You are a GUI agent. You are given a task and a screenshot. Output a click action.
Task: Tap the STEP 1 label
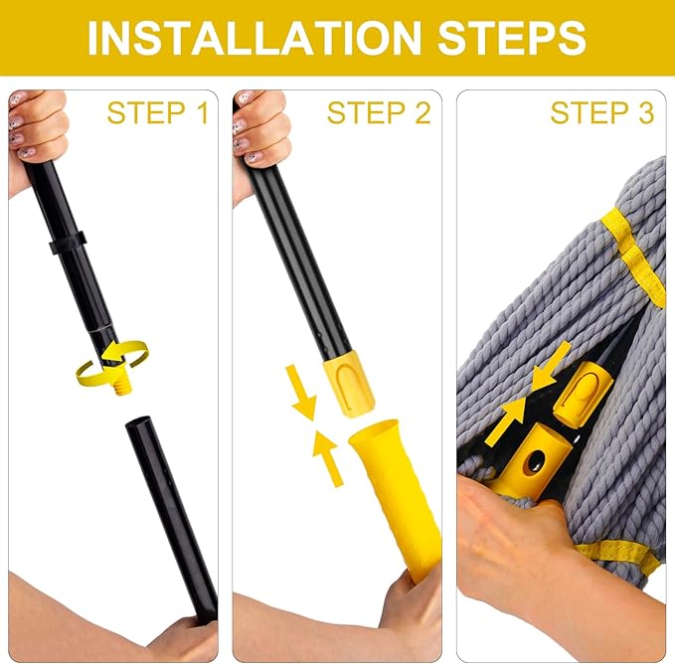(158, 113)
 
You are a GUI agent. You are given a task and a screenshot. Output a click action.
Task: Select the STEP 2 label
(379, 113)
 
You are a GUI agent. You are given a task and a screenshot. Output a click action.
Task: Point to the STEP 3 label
(602, 113)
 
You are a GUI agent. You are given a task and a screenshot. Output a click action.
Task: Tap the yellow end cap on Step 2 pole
(348, 383)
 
